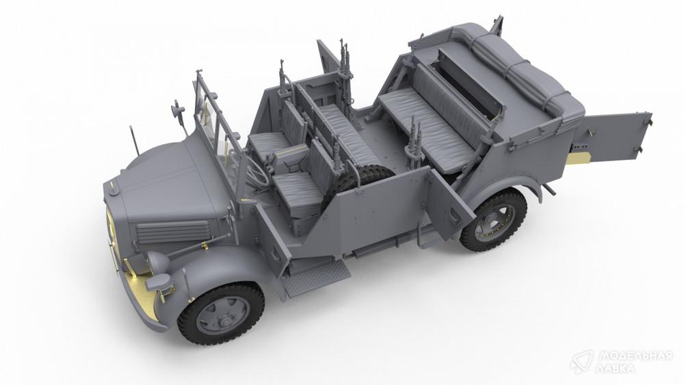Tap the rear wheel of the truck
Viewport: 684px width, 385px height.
(494, 220)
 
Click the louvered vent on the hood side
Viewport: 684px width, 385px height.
(174, 231)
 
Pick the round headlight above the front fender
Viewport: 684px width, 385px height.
(158, 262)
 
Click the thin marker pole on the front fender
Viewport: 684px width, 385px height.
(134, 140)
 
